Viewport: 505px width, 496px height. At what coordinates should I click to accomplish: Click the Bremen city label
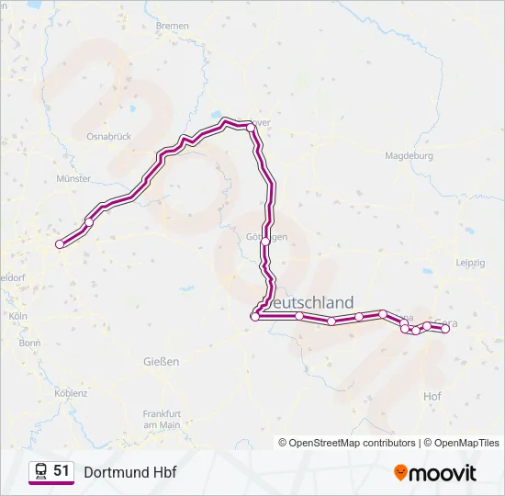coord(172,26)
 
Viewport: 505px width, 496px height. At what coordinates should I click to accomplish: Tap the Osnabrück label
coord(108,136)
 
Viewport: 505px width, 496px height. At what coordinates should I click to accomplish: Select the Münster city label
coord(73,178)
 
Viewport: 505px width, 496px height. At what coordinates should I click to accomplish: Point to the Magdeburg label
coord(409,155)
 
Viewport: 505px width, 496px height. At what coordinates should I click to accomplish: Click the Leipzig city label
coord(470,263)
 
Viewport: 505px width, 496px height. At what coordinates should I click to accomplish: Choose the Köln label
coord(17,315)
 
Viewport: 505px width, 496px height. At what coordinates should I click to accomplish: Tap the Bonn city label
coord(30,343)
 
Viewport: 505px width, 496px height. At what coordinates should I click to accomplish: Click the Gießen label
coord(161,361)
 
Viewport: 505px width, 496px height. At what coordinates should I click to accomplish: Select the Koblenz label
coord(71,393)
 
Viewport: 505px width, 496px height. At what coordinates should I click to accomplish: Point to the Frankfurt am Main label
coord(161,419)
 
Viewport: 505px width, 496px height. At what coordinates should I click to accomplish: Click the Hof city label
coord(432,396)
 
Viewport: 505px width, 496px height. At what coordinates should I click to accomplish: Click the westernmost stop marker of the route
coord(61,243)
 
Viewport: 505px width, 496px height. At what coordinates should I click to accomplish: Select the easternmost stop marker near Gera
coord(445,329)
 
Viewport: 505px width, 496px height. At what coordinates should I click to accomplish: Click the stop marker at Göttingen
coord(265,242)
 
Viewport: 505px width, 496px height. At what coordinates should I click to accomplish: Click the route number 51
coord(62,471)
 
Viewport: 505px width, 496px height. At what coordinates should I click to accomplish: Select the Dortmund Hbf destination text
coord(129,472)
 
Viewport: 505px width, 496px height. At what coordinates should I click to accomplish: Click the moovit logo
coord(435,472)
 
